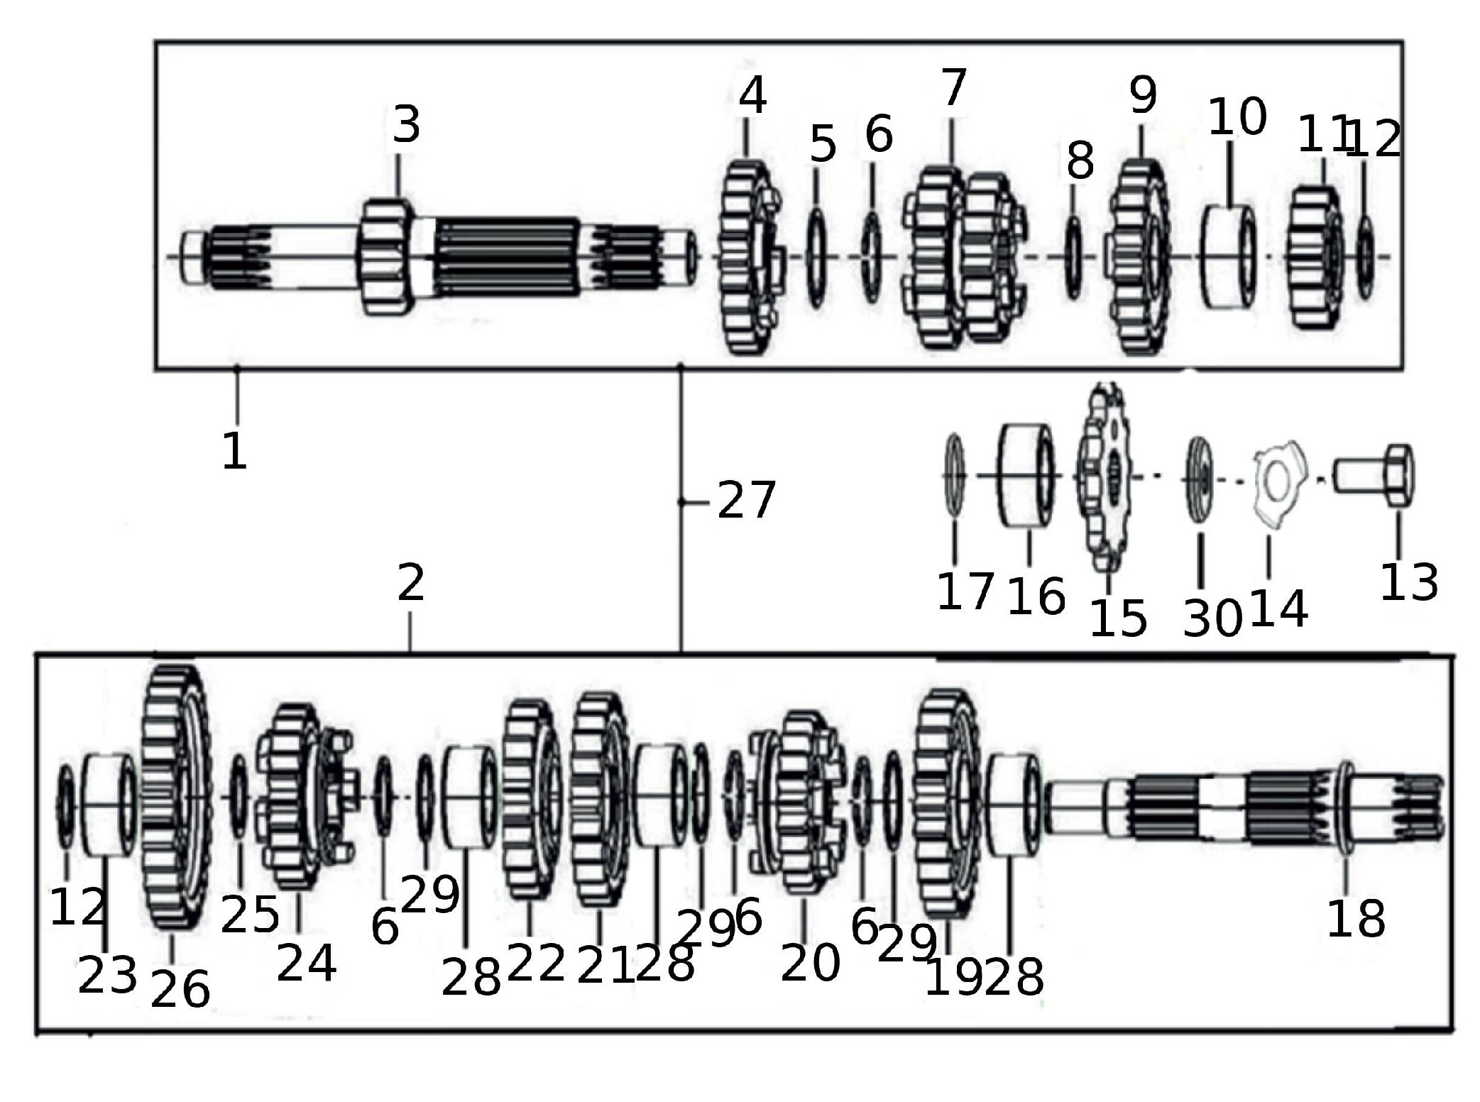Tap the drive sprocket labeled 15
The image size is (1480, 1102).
1104,477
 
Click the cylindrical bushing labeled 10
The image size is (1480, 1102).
1229,256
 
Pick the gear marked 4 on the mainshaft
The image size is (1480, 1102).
750,257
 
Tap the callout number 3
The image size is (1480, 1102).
407,125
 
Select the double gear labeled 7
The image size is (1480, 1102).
965,258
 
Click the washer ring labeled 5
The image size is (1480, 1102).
817,257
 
